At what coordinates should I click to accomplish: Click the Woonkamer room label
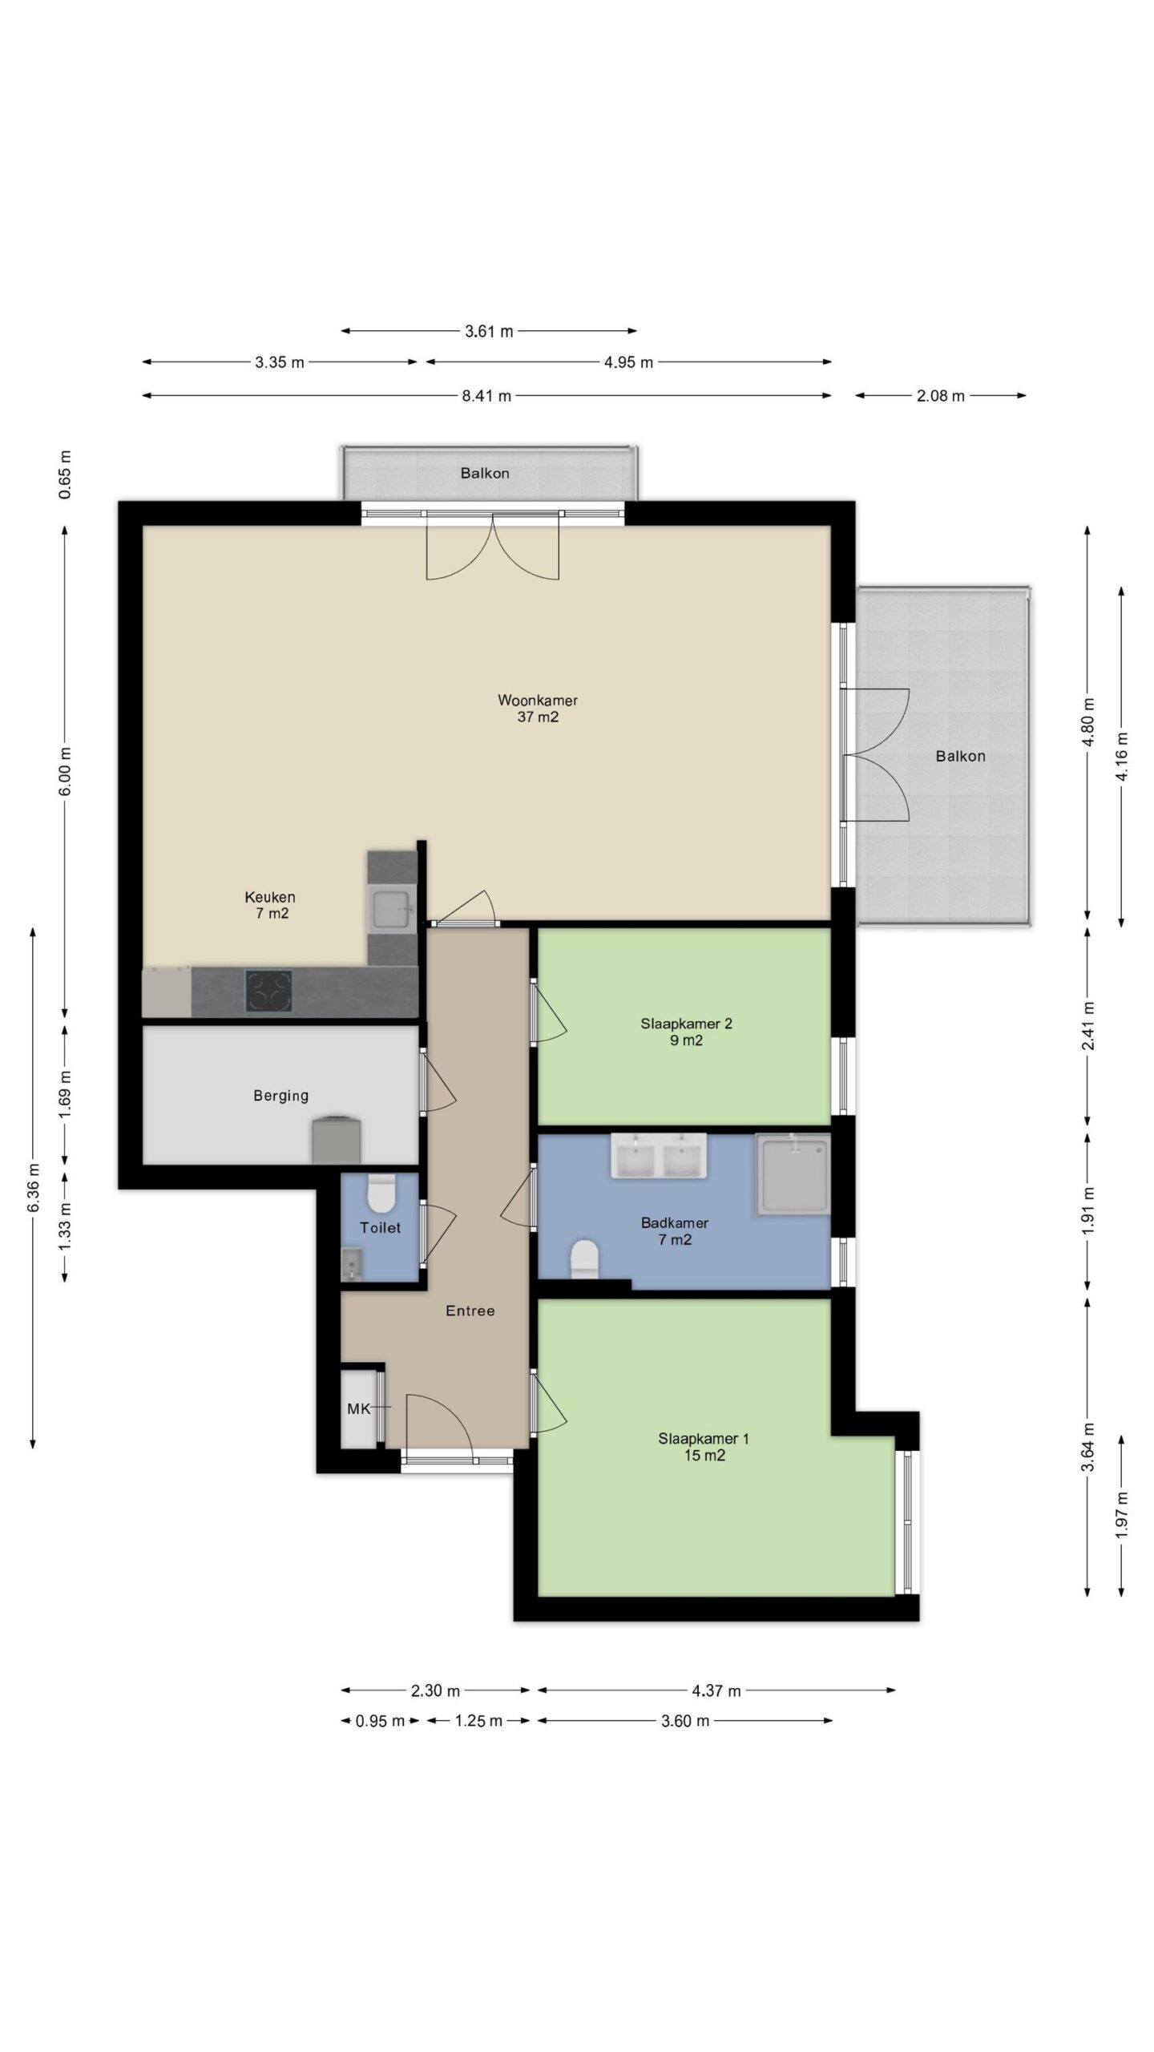537,700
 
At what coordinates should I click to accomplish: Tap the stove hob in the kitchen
268,992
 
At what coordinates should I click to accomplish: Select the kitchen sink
392,910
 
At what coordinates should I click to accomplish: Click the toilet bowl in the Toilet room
381,1194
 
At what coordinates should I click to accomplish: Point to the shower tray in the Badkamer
793,1170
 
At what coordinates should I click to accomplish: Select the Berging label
280,1096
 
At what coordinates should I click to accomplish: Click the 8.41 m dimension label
486,395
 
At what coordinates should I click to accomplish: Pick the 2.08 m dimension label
941,395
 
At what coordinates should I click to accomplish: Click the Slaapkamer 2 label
686,1024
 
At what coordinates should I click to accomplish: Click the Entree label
470,1311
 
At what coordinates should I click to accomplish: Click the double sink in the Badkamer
659,1155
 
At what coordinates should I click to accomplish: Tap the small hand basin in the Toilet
352,1265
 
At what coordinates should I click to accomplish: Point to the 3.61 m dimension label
489,331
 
